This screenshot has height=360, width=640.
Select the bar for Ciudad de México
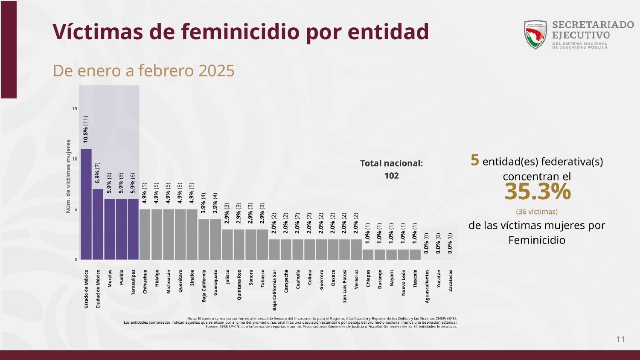click(x=98, y=224)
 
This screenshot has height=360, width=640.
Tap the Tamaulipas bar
click(x=133, y=229)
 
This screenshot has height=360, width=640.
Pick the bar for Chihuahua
click(x=145, y=234)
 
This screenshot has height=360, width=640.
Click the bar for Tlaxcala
click(x=415, y=254)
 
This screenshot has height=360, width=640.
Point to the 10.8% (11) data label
click(x=86, y=129)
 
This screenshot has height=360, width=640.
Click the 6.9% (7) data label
click(x=98, y=173)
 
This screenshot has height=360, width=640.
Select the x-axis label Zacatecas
click(x=450, y=281)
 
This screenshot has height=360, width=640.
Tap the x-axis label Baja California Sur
click(x=274, y=290)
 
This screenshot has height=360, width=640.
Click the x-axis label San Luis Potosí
click(x=345, y=286)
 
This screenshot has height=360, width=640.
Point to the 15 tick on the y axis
click(x=75, y=109)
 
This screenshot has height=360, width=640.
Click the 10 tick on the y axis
click(x=75, y=159)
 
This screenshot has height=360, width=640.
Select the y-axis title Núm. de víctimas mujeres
click(x=68, y=176)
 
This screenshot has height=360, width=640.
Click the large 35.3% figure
click(x=537, y=192)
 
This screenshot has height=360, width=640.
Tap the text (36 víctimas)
click(x=537, y=212)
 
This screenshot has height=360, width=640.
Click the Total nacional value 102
click(x=391, y=176)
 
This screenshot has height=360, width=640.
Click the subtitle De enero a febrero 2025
click(x=143, y=71)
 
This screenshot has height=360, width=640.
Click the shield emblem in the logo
click(x=535, y=35)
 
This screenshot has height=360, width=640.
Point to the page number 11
click(x=620, y=339)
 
